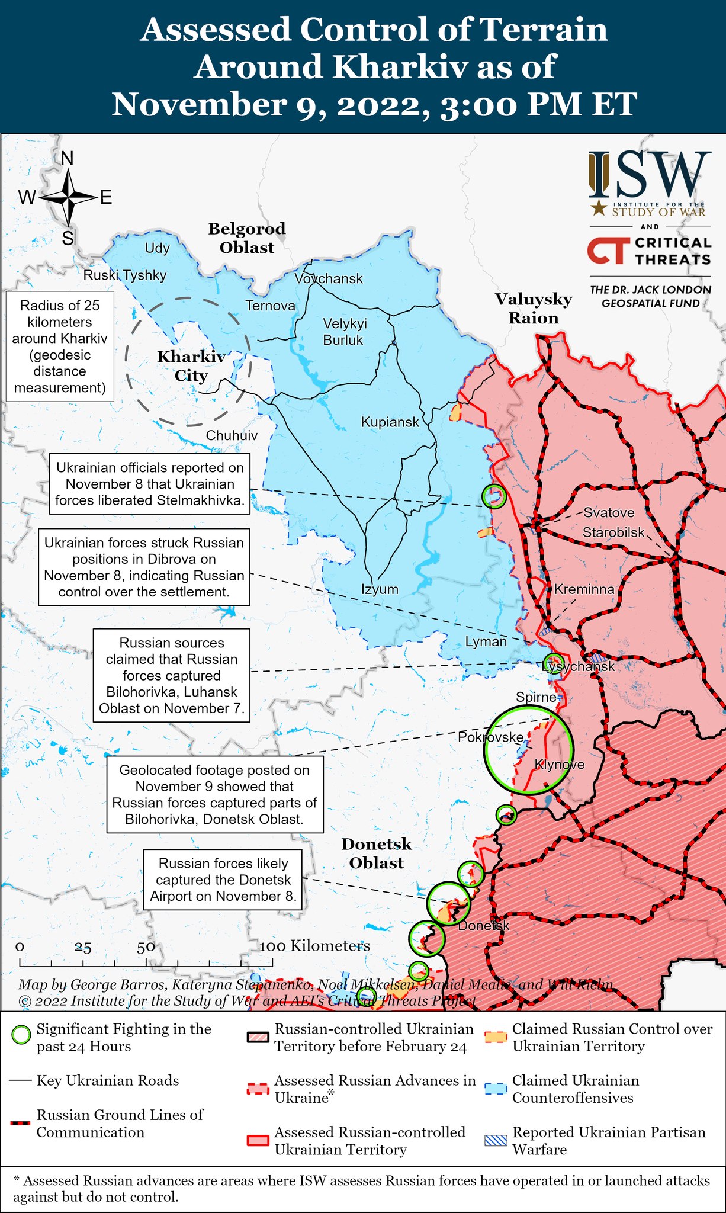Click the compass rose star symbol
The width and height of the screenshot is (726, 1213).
click(69, 197)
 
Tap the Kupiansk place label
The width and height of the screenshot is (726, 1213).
click(390, 422)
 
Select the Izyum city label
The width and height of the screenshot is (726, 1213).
click(380, 589)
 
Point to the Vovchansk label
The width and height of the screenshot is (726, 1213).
click(329, 278)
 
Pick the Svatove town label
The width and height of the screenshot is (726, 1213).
click(609, 513)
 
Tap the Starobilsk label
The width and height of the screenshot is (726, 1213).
click(613, 532)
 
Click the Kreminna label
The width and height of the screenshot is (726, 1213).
click(584, 589)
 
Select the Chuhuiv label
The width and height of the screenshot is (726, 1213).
click(232, 435)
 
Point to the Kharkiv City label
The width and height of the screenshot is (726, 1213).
click(191, 366)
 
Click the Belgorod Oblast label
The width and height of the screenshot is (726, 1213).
click(246, 238)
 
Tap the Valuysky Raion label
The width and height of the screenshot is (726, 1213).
click(534, 309)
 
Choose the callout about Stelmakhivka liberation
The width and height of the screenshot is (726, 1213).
click(149, 484)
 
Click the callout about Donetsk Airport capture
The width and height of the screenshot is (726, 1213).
click(223, 880)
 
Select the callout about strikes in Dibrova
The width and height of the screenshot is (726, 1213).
click(144, 567)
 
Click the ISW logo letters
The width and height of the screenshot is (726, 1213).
click(650, 175)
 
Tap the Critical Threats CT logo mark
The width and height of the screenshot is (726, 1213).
click(606, 251)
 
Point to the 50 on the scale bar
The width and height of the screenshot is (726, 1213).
click(146, 946)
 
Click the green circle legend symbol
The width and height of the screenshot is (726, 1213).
click(21, 1035)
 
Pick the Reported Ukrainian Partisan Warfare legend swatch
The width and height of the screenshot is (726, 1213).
click(496, 1140)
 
